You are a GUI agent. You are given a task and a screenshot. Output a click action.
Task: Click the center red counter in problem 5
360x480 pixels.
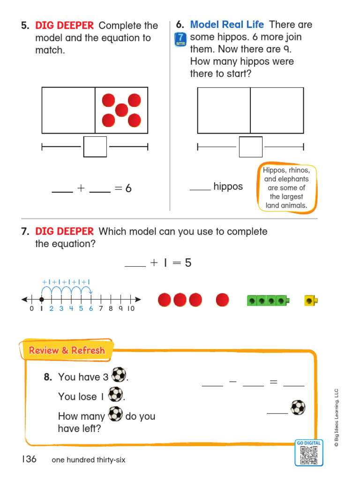pos(121,110)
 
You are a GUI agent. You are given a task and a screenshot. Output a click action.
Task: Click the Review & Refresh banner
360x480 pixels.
pos(67,351)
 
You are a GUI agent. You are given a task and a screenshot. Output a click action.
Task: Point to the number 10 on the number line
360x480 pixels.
pos(131,308)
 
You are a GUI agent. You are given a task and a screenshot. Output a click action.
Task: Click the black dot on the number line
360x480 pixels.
pos(41,299)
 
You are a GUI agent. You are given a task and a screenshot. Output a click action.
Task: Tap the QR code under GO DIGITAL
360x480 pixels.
pos(309,455)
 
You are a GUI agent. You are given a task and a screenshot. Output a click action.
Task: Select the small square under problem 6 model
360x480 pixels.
pos(250,147)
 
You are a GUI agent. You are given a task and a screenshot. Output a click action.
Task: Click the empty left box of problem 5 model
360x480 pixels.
pos(68,110)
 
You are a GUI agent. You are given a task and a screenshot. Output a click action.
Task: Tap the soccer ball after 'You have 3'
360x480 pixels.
pos(119,375)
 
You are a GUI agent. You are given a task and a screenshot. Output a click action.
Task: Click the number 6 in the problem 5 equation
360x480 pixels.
pos(128,188)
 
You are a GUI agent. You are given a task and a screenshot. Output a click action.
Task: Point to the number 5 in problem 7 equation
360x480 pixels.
pos(188,263)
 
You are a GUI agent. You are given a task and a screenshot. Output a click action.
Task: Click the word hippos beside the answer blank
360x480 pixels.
pos(228,187)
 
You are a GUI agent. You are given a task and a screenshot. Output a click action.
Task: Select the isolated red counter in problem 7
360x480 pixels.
pos(223,300)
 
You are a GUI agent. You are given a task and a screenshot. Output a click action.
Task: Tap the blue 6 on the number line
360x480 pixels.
pos(90,308)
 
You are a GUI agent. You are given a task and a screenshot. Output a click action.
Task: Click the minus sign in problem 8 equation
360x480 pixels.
pos(233,382)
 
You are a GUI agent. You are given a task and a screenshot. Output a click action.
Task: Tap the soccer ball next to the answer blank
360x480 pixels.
pos(298,407)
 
